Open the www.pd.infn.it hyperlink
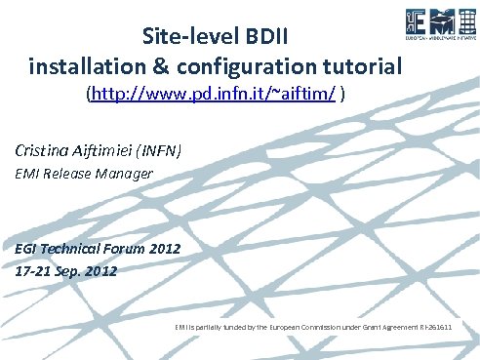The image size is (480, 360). point(215,95)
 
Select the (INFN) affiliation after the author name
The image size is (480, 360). point(161,150)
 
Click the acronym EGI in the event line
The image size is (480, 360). point(27,249)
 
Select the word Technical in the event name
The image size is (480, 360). point(78,249)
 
